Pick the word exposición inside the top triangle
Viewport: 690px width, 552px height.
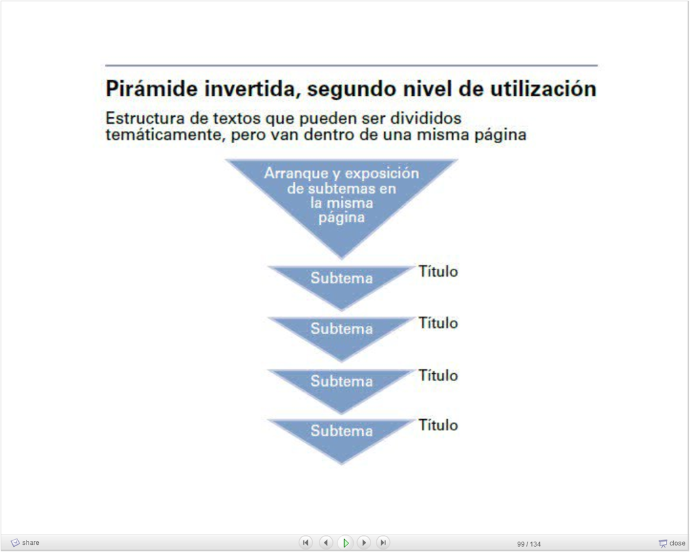click(382, 174)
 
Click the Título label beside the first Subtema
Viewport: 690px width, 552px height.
click(438, 271)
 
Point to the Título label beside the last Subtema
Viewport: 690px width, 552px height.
click(438, 425)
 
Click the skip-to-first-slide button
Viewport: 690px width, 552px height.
click(306, 542)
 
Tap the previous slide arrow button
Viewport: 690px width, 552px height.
click(326, 542)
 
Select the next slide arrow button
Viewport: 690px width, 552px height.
click(364, 542)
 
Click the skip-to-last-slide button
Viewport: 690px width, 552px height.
click(383, 542)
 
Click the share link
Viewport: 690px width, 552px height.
click(25, 543)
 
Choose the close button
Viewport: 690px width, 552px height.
click(672, 543)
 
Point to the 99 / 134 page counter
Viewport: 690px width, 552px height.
click(529, 544)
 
